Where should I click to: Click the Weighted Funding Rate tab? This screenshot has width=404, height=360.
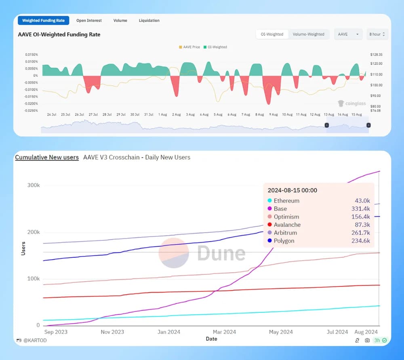pos(43,21)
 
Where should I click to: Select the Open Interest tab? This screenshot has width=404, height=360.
pos(89,21)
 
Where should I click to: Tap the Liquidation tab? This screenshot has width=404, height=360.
pos(149,21)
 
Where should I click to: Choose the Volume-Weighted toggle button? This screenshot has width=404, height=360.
pos(309,34)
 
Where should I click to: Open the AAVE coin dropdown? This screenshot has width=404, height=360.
pos(347,34)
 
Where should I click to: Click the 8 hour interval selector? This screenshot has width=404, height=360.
pos(378,34)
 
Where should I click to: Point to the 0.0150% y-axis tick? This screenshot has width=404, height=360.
pos(31,55)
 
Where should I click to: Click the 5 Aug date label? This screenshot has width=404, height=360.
pos(218,115)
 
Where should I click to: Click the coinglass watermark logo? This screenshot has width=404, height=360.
pos(352,104)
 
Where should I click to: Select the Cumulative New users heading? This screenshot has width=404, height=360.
pos(47,158)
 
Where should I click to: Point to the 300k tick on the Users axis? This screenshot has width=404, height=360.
pos(33,185)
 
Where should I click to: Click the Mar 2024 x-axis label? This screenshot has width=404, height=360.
pos(224,332)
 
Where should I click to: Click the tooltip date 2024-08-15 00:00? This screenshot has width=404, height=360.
pos(292,190)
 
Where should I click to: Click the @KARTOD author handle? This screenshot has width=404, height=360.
pos(34,341)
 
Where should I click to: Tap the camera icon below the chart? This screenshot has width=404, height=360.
pos(367,341)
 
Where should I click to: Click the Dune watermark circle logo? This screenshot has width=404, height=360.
pos(174,253)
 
